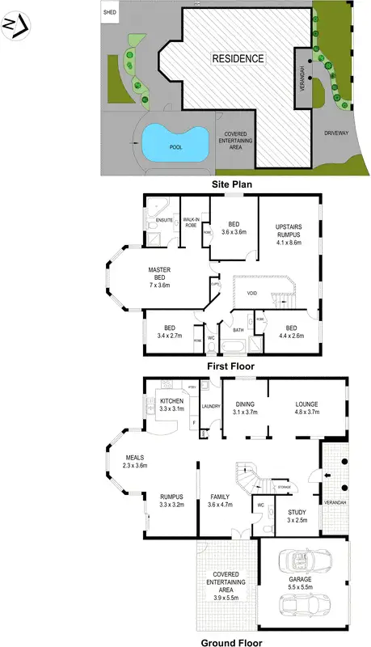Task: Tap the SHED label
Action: (x=110, y=13)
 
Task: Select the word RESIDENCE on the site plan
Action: (x=238, y=58)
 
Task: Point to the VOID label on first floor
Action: (x=253, y=293)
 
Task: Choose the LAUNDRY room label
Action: (x=212, y=407)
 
